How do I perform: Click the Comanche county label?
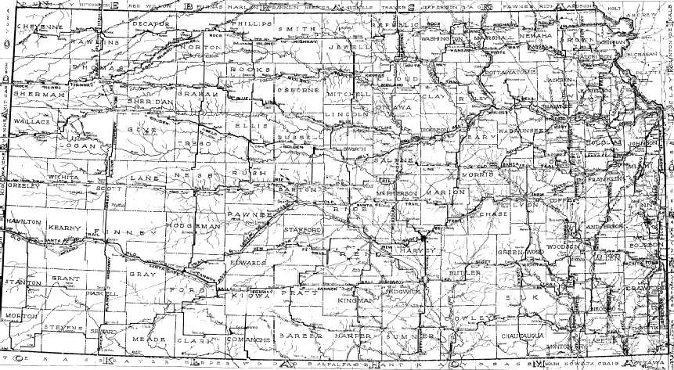pyautogui.click(x=250, y=341)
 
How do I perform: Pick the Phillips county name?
pyautogui.click(x=250, y=25)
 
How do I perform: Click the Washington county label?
pyautogui.click(x=442, y=38)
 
